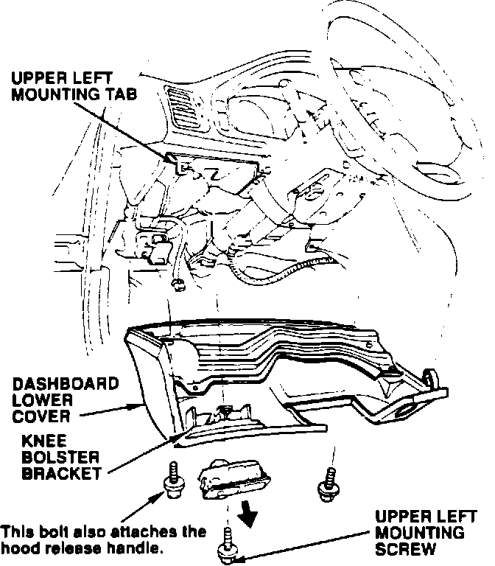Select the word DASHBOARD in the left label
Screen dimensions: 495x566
[x=65, y=383]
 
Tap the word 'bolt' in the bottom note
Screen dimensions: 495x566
[x=44, y=531]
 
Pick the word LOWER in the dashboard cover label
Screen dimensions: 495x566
[x=41, y=399]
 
